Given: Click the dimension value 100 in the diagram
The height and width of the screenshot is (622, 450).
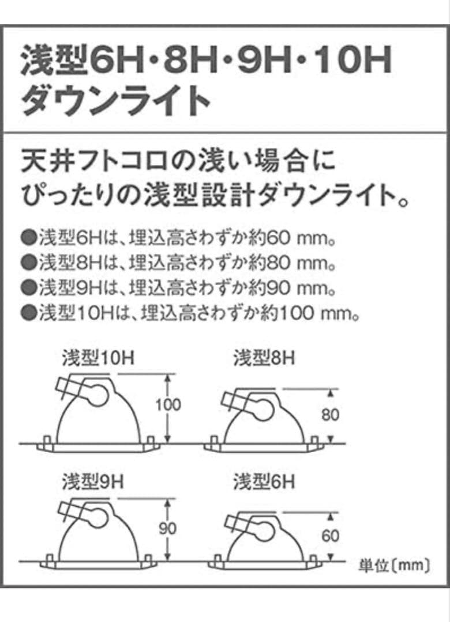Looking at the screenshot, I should point(168,404).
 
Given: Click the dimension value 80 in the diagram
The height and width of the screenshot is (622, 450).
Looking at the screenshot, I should point(331,414).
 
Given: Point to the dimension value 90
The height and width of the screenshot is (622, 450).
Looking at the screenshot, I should point(168,528).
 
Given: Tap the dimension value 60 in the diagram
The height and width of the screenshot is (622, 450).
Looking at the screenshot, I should point(331,536).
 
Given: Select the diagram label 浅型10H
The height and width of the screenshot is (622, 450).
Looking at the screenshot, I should point(98,359).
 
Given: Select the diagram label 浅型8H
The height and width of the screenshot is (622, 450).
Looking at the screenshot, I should point(264,359).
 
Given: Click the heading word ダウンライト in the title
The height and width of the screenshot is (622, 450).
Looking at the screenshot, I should point(115,101).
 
